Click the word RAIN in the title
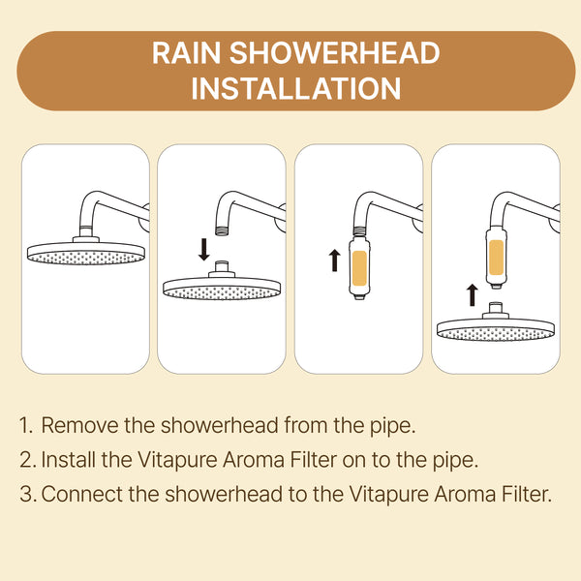point(186,53)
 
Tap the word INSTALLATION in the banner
point(295,88)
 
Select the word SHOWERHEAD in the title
point(335,53)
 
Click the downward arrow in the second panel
point(203,250)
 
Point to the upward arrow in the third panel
point(335,260)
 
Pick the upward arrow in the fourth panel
point(472,295)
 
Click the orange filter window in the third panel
point(359,268)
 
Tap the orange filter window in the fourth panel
point(496,258)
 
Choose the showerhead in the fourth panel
point(496,323)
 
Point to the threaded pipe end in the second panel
point(223,230)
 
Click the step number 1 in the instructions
point(25,425)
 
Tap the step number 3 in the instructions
point(27,494)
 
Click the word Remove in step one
point(79,425)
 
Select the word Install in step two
point(68,459)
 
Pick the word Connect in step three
point(82,494)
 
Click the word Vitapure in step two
point(177,460)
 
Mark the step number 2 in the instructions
point(27,460)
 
